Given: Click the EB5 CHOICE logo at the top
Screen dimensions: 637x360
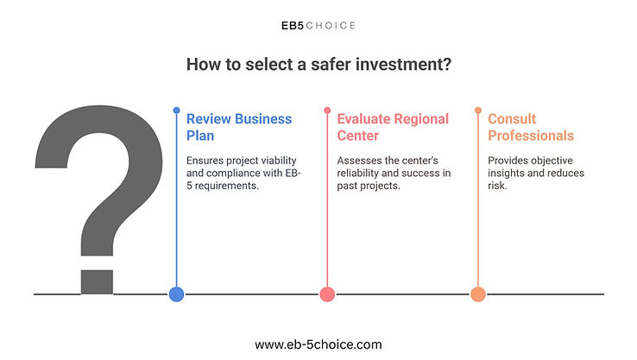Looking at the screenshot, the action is (318, 26).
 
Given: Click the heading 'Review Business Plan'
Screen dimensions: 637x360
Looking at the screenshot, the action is (239, 127).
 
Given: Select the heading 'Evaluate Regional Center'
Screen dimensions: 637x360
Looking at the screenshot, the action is (393, 127).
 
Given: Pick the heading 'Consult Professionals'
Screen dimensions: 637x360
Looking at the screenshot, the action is (531, 127).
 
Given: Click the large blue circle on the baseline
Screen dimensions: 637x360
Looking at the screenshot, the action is (176, 294).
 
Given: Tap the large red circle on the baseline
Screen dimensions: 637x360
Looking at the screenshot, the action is (327, 294).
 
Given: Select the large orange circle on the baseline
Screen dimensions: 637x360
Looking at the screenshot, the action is (478, 294).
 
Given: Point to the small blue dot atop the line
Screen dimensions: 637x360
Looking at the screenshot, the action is (176, 111).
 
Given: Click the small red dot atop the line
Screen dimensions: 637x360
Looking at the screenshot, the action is (327, 111).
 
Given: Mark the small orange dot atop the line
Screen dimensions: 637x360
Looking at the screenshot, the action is (478, 111).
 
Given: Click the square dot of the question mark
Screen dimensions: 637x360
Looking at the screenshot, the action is (97, 282).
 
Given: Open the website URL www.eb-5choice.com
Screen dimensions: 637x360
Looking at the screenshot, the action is (318, 344).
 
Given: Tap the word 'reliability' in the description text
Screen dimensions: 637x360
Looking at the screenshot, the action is (358, 173).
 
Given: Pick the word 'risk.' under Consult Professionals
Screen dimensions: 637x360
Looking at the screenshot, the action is (498, 186).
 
